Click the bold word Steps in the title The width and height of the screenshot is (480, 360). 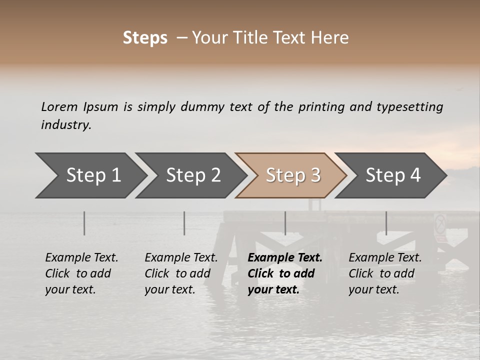coord(145,38)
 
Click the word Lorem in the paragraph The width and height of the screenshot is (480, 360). coord(59,107)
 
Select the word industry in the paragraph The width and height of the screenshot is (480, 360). coord(65,125)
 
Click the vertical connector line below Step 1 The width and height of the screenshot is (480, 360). coord(84,223)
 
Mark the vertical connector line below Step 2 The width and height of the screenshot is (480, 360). coord(184,223)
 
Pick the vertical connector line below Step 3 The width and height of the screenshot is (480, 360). coord(285,223)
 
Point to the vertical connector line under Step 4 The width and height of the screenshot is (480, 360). coord(386,223)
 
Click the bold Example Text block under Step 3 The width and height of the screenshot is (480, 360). coord(284,273)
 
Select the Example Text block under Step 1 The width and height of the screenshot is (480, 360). coord(81,273)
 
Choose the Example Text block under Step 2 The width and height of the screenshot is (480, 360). coord(181,273)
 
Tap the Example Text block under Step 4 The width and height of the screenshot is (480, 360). coord(385,273)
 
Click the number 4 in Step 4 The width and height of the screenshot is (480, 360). coord(415,175)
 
